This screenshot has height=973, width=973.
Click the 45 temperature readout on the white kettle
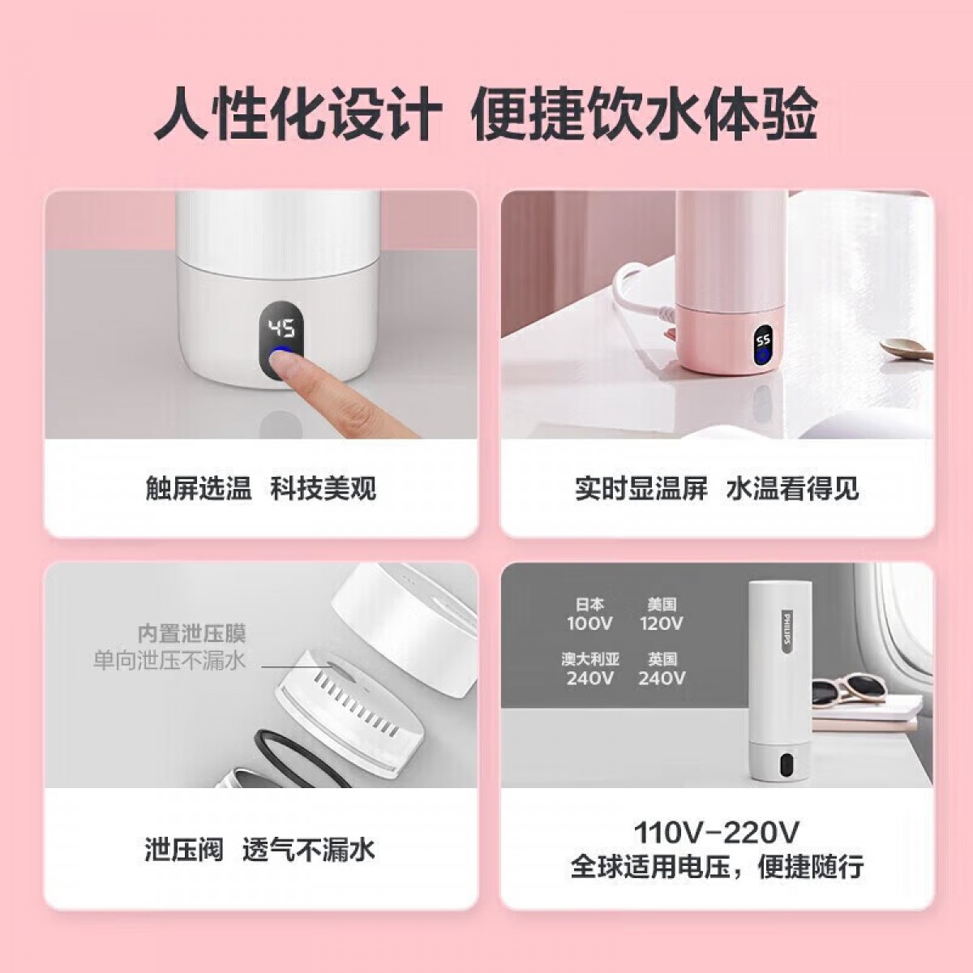(x=282, y=329)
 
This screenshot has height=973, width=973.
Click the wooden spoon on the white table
(x=906, y=349)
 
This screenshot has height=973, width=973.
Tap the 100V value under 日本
(x=589, y=623)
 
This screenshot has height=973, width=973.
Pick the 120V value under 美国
(x=662, y=623)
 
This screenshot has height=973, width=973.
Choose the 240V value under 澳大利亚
(x=589, y=678)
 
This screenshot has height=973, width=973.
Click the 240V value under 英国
(x=662, y=678)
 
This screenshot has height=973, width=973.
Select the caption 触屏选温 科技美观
(x=260, y=489)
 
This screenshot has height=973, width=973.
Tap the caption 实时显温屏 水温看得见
(x=717, y=489)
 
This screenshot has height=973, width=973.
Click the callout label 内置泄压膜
(x=192, y=634)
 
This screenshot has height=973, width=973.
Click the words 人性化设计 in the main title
(x=298, y=114)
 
